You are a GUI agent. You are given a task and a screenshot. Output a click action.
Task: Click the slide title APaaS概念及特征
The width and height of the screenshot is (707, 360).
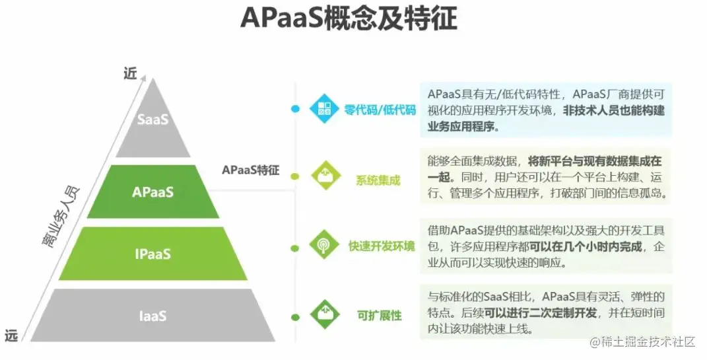pyautogui.click(x=348, y=19)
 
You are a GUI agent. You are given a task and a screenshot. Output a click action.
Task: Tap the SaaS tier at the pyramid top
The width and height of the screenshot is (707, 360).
pyautogui.click(x=153, y=120)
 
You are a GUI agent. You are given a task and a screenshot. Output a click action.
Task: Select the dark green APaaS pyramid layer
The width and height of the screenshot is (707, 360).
pyautogui.click(x=152, y=192)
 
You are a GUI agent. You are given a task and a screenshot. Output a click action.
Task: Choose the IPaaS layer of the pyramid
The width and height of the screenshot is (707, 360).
pyautogui.click(x=152, y=254)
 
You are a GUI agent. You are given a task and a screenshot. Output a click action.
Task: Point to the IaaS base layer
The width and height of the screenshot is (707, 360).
pyautogui.click(x=152, y=316)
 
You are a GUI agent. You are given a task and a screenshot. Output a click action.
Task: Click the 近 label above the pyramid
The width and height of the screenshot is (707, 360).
pyautogui.click(x=130, y=73)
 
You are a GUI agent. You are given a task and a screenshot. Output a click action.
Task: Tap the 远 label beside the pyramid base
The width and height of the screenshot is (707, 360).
pyautogui.click(x=11, y=336)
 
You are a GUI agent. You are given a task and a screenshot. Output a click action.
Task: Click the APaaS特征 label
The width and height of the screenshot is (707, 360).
pyautogui.click(x=251, y=170)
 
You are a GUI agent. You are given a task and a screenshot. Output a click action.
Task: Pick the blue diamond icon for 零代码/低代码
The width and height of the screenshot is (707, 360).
pyautogui.click(x=324, y=109)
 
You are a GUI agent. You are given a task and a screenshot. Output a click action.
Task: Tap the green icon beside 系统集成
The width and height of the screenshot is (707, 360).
pyautogui.click(x=324, y=176)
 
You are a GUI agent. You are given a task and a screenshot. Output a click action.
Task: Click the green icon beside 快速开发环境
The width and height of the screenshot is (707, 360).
pyautogui.click(x=324, y=245)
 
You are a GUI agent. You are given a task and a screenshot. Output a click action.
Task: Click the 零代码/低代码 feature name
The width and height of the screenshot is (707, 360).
pyautogui.click(x=380, y=110)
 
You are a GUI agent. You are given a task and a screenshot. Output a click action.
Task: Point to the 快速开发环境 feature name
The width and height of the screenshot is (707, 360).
pyautogui.click(x=382, y=246)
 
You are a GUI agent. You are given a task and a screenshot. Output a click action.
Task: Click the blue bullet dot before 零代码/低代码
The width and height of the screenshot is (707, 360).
pyautogui.click(x=295, y=108)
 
